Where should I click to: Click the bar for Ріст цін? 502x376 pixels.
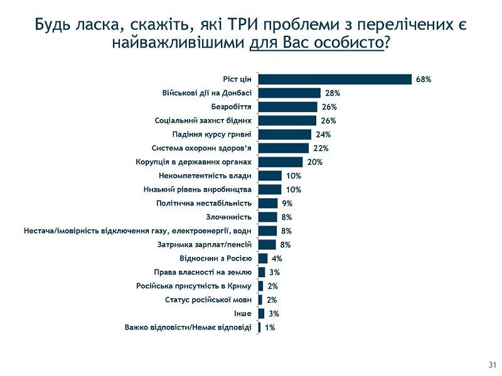point(335,79)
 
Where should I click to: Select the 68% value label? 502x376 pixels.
point(424,79)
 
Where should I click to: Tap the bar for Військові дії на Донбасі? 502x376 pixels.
point(289,93)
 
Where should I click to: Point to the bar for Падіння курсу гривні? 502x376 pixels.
point(285,134)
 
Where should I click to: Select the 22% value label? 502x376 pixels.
point(321,148)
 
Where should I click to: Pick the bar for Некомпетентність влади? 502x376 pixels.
point(270,175)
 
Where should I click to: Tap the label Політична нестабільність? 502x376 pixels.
point(204,203)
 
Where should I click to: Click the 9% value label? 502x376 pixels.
point(287,203)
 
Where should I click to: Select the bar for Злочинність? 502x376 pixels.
point(267,217)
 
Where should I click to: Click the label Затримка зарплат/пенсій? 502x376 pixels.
point(205,244)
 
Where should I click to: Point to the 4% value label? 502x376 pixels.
point(276,258)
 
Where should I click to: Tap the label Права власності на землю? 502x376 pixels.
point(203,272)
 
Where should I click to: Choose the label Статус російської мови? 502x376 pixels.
point(208,300)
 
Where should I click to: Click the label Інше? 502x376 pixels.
point(244,313)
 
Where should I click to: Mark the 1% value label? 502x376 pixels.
point(270,327)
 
